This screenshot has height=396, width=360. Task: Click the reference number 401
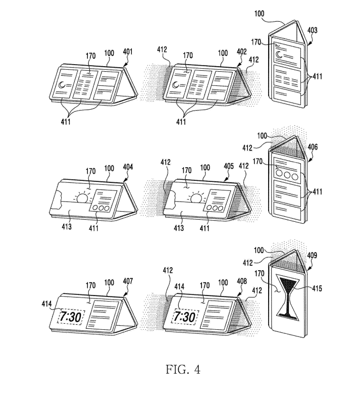point(128,53)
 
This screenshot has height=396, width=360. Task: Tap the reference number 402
point(241,52)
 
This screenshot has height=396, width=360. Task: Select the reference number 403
point(313,30)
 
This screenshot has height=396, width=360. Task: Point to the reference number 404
point(128,167)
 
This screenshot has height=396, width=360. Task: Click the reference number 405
point(229,166)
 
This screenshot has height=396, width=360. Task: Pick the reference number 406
point(313,147)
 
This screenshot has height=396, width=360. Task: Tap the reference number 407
point(128,281)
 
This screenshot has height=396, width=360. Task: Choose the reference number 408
point(242,281)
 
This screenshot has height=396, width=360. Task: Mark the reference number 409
point(312,256)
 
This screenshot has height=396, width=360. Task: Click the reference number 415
point(317,288)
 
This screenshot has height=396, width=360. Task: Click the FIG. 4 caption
point(183,370)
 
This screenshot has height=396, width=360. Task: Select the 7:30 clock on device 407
point(71,317)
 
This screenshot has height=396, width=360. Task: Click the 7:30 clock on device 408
point(185,317)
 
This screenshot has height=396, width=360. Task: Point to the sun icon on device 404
point(83,197)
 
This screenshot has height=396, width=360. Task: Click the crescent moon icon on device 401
point(62,85)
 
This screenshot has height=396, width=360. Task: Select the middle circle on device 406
point(287,175)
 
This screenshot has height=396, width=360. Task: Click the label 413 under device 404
point(67,226)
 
